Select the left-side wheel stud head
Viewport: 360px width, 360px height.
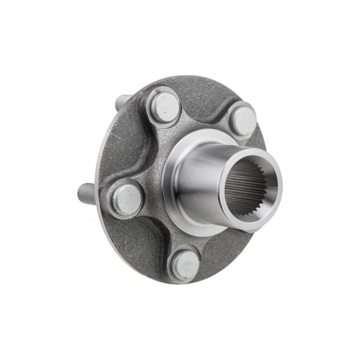pyautogui.click(x=125, y=198)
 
